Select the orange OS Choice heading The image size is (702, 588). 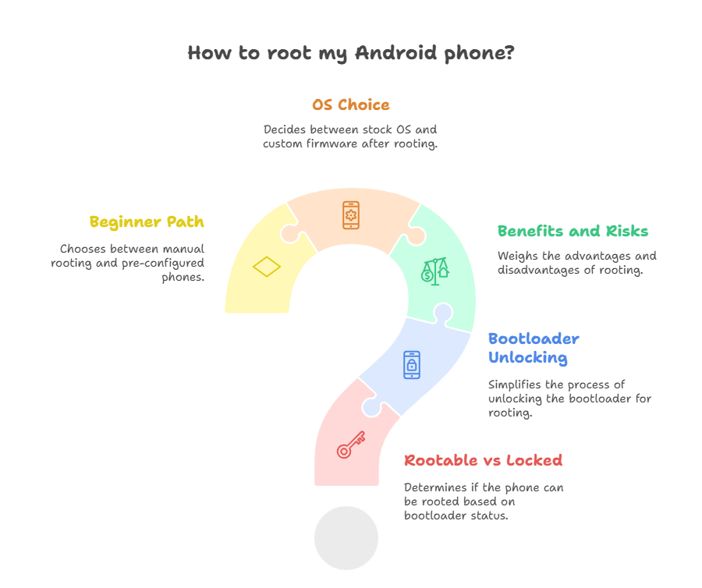[x=350, y=105]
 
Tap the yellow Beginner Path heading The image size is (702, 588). [x=147, y=222]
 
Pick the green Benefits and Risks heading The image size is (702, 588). [x=573, y=232]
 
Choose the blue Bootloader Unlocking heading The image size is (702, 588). [x=534, y=349]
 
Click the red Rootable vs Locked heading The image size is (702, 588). [x=483, y=461]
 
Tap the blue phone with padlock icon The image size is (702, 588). [x=411, y=365]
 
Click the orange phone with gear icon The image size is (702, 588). [x=351, y=215]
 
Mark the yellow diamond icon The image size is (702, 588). [x=267, y=267]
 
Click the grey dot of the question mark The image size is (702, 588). [x=346, y=538]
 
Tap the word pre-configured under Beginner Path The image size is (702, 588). [x=168, y=264]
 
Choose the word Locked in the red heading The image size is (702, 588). [x=534, y=461]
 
